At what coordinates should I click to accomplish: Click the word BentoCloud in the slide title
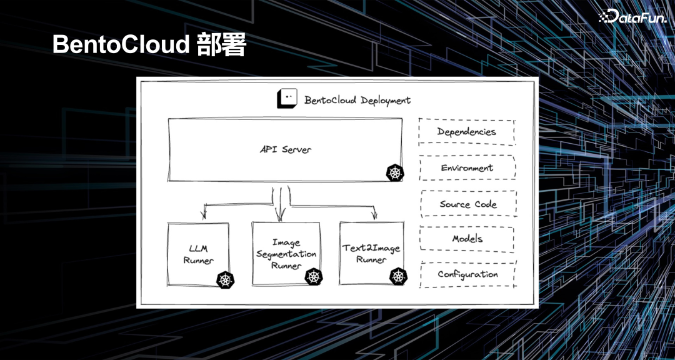point(120,46)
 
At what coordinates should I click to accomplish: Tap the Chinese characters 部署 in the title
point(221,46)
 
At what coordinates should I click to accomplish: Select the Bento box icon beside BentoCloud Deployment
point(287,99)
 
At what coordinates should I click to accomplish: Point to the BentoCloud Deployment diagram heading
point(357,100)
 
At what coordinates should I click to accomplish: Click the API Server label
point(286,150)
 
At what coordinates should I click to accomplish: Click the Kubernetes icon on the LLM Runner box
point(225,279)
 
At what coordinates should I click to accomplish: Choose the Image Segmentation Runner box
point(286,254)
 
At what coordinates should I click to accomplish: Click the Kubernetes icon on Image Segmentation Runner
point(313,276)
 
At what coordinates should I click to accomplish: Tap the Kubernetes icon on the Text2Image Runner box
point(398,276)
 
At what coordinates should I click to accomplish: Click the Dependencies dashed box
point(467,132)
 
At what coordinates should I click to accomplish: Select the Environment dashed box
point(467,167)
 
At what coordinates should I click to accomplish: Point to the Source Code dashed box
point(468,204)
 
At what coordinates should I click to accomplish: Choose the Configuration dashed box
point(467,274)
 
